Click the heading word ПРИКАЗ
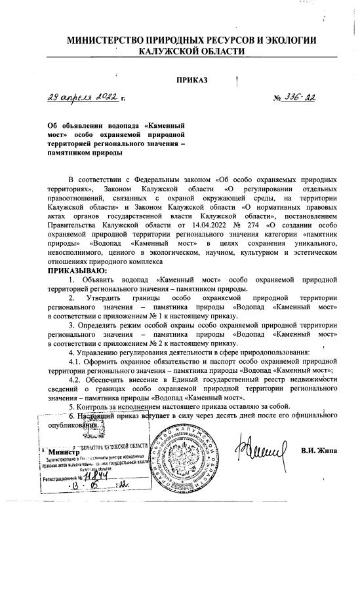(191, 80)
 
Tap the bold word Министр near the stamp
(62, 452)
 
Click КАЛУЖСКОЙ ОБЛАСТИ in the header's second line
(191, 51)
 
